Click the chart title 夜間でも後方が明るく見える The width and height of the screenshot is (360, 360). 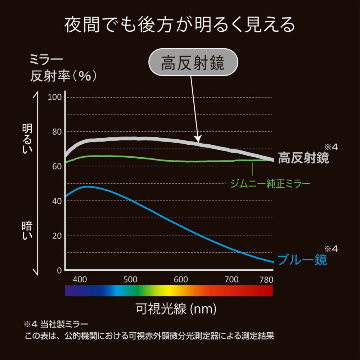click(x=180, y=25)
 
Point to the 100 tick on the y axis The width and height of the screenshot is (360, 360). click(x=55, y=97)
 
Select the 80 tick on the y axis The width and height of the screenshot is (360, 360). click(x=56, y=132)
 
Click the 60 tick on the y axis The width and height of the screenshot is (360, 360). click(x=56, y=166)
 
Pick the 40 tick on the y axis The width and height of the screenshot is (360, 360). click(x=56, y=201)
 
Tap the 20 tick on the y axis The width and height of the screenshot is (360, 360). click(x=56, y=235)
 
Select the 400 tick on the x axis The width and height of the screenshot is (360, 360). click(x=80, y=279)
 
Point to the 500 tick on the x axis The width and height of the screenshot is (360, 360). click(x=130, y=279)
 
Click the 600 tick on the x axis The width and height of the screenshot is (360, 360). click(x=181, y=279)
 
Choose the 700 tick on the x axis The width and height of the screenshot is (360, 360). click(x=231, y=279)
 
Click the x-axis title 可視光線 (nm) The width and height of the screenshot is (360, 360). click(x=176, y=308)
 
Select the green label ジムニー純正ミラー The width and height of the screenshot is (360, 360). click(x=270, y=184)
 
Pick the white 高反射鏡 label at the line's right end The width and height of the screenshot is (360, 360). click(x=303, y=158)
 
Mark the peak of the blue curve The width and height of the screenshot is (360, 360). click(x=87, y=186)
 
